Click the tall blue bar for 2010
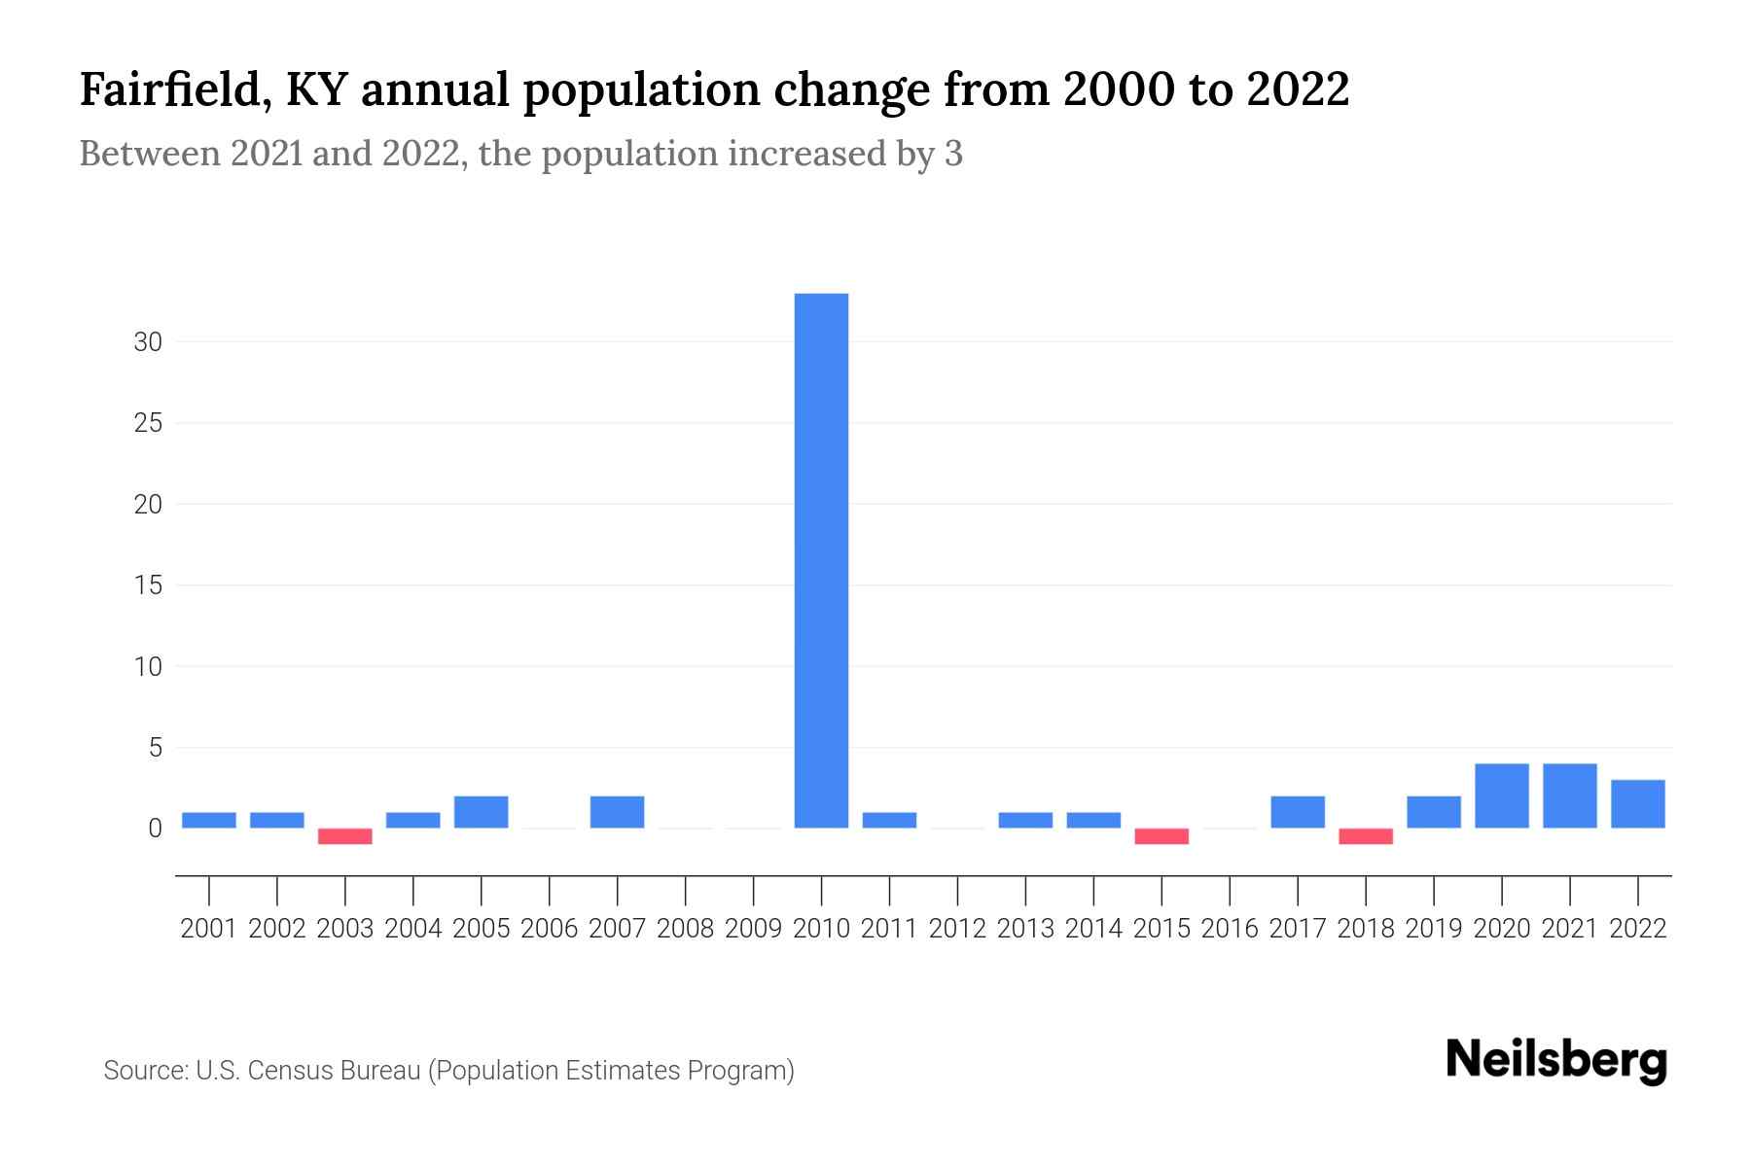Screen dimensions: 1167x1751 point(821,560)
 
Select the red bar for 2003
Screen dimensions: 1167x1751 point(345,836)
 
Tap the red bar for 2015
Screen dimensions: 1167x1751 point(1161,836)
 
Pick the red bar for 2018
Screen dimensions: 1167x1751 point(1366,836)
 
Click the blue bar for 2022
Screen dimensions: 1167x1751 point(1638,804)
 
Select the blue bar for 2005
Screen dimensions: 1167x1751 point(482,812)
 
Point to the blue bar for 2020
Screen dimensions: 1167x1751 point(1502,796)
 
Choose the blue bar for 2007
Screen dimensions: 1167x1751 point(617,812)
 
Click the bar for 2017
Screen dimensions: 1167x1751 point(1298,812)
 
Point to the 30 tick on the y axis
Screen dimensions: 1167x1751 point(148,342)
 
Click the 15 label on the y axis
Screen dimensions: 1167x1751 point(148,585)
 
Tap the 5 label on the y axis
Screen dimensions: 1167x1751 point(155,748)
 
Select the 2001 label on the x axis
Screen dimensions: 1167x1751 point(209,929)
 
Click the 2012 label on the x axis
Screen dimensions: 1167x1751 point(957,929)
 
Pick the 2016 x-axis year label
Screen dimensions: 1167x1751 point(1230,929)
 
